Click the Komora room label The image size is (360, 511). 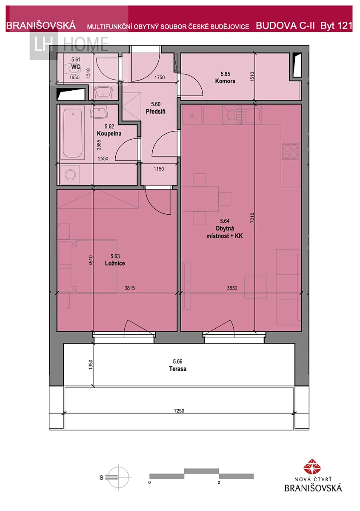pyautogui.click(x=225, y=81)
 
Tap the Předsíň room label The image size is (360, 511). pyautogui.click(x=155, y=112)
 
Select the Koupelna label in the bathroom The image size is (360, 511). pyautogui.click(x=109, y=133)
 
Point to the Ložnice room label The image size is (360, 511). pyautogui.click(x=115, y=263)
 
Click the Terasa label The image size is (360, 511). pyautogui.click(x=177, y=369)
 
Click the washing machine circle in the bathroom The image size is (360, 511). pyautogui.click(x=70, y=175)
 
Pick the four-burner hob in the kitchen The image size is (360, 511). pyautogui.click(x=290, y=151)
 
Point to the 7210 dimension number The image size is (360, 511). pyautogui.click(x=252, y=218)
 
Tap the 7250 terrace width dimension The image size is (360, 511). pyautogui.click(x=179, y=411)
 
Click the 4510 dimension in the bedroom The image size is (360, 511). pyautogui.click(x=91, y=260)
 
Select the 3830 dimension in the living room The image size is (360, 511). pyautogui.click(x=232, y=288)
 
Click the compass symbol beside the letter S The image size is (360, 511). pyautogui.click(x=119, y=477)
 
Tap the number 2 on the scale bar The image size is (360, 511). pyautogui.click(x=219, y=482)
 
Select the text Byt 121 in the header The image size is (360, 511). pyautogui.click(x=336, y=26)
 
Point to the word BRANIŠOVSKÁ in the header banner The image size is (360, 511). pyautogui.click(x=41, y=26)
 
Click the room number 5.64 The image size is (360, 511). pyautogui.click(x=225, y=221)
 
